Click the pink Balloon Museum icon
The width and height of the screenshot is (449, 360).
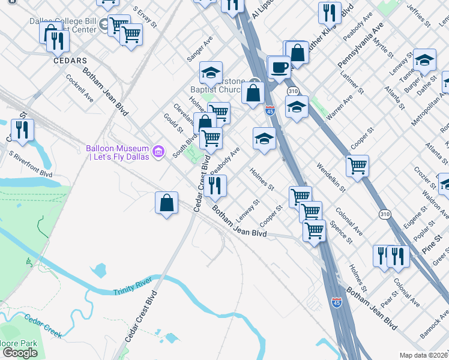tap(158, 150)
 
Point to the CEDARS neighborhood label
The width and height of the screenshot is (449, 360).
tap(70, 61)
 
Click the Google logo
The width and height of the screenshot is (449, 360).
tap(20, 353)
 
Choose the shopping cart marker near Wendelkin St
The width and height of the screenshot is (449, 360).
tap(357, 166)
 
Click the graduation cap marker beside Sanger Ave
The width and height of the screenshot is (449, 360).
tap(211, 73)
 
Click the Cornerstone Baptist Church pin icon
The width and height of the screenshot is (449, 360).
tap(256, 83)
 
